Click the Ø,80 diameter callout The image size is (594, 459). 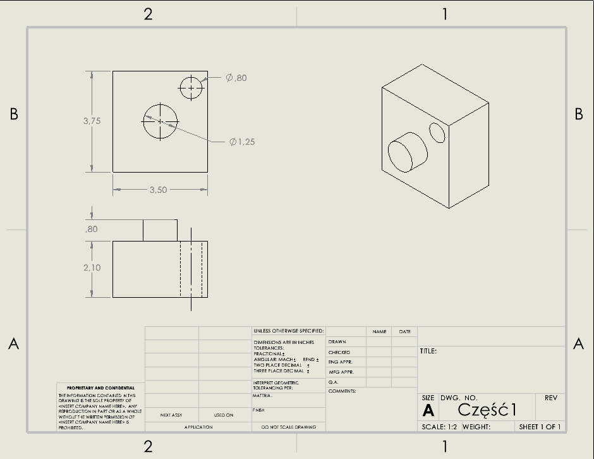pyautogui.click(x=236, y=78)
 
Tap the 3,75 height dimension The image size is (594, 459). pyautogui.click(x=92, y=121)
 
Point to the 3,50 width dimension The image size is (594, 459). pyautogui.click(x=158, y=190)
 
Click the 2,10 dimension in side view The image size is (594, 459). pyautogui.click(x=92, y=267)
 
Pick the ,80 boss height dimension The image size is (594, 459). pyautogui.click(x=92, y=229)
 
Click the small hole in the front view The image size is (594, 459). pyautogui.click(x=191, y=88)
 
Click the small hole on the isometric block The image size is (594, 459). pyautogui.click(x=437, y=132)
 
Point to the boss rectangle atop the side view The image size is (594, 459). pyautogui.click(x=160, y=230)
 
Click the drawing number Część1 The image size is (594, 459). pyautogui.click(x=487, y=410)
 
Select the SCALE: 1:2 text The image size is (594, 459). pyautogui.click(x=439, y=427)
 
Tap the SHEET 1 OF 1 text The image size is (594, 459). pyautogui.click(x=540, y=427)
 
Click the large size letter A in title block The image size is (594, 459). pyautogui.click(x=428, y=411)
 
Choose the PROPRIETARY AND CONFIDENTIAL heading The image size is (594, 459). pyautogui.click(x=100, y=388)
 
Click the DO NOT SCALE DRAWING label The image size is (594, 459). pyautogui.click(x=289, y=427)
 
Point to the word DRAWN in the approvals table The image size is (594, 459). pyautogui.click(x=337, y=342)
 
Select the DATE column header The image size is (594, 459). pyautogui.click(x=404, y=331)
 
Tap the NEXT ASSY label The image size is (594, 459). pyautogui.click(x=171, y=415)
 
